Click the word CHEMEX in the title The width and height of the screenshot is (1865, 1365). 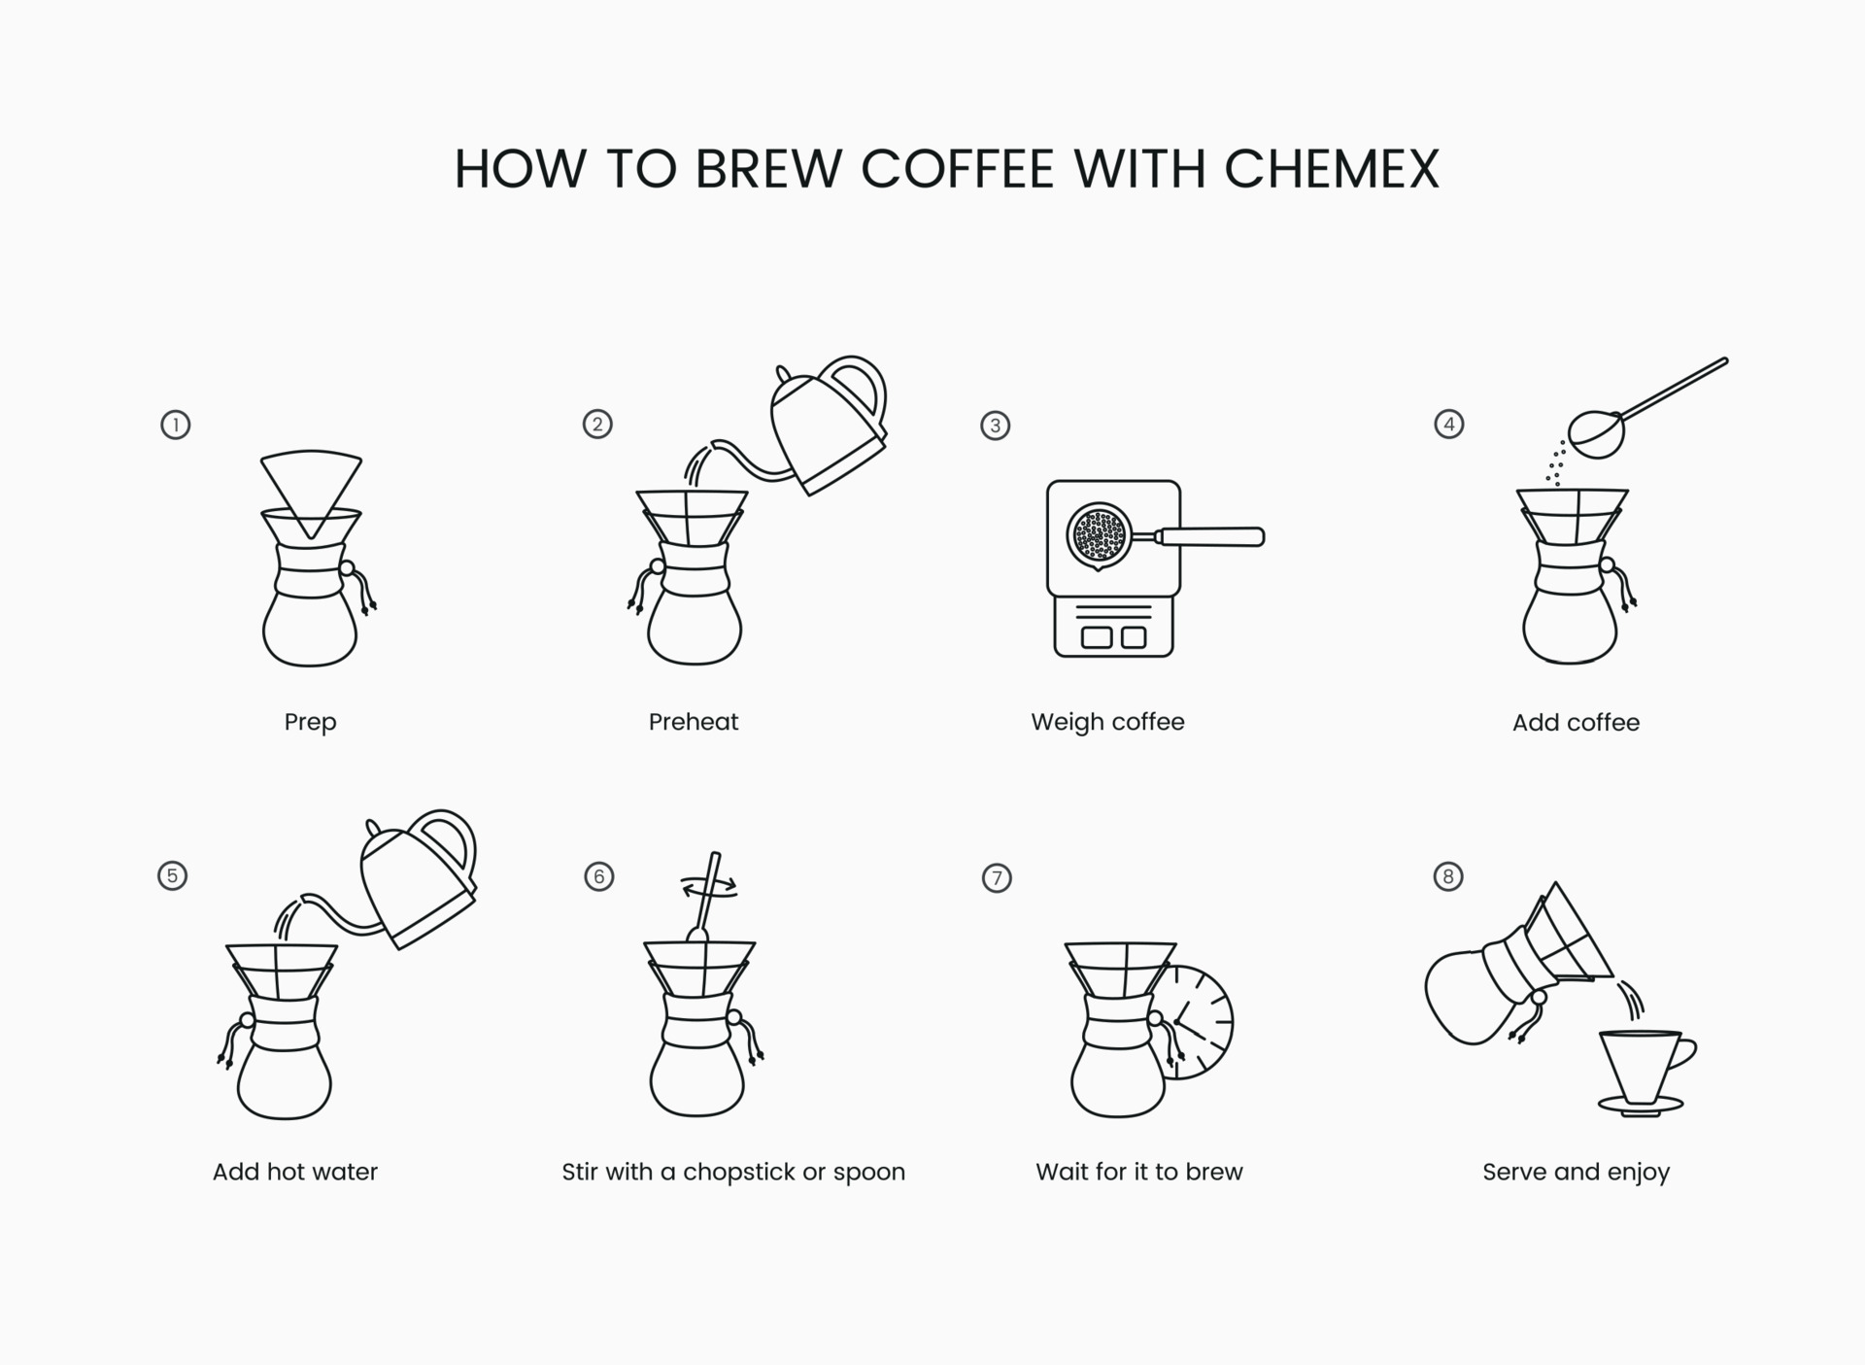pos(1331,169)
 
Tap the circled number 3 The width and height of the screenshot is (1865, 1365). pos(995,426)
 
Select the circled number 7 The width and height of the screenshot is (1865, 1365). pos(997,878)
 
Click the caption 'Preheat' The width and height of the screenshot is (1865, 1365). pos(693,722)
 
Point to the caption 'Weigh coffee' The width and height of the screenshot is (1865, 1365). pos(1107,722)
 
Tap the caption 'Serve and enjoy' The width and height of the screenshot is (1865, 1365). pos(1576,1172)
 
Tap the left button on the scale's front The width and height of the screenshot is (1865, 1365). pos(1097,637)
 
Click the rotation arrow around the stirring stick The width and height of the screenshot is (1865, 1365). pos(709,886)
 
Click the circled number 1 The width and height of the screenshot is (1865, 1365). pos(175,425)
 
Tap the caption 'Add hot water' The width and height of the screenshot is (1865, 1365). pos(295,1172)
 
